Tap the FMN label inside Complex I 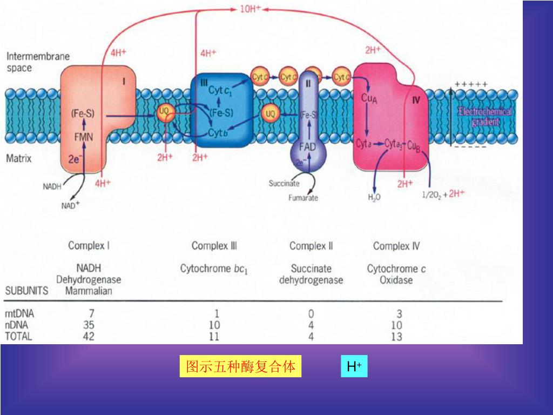point(83,137)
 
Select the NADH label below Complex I point(52,186)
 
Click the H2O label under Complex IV point(374,197)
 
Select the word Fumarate point(303,198)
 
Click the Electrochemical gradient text point(485,117)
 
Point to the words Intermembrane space point(38,62)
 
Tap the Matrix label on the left point(19,159)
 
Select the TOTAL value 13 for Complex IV point(396,337)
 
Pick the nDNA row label point(16,325)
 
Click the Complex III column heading point(214,246)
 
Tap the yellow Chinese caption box point(240,367)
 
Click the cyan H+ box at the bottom point(354,367)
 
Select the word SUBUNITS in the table point(26,291)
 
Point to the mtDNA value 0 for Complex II point(311,313)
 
